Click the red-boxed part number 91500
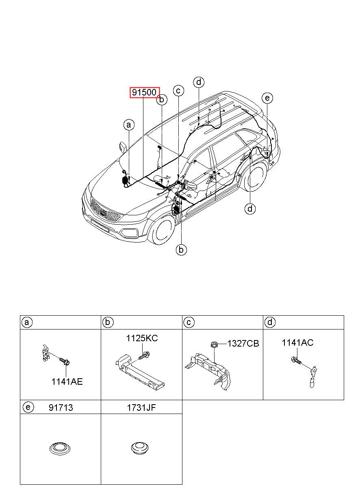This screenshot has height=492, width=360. tap(145, 93)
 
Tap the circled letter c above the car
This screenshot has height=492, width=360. tap(178, 91)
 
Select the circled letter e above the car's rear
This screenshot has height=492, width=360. tap(267, 98)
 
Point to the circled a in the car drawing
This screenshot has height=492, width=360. tap(129, 125)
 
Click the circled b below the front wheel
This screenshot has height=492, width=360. tap(181, 249)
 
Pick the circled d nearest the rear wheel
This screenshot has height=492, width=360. tap(250, 209)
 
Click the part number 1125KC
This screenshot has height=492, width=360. tap(142, 338)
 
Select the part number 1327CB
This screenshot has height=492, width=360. tap(243, 344)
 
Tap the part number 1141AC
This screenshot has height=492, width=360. tap(297, 343)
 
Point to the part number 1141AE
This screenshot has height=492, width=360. tap(67, 381)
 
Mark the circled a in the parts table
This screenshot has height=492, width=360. tap(27, 323)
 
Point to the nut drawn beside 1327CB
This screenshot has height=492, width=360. tap(214, 345)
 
